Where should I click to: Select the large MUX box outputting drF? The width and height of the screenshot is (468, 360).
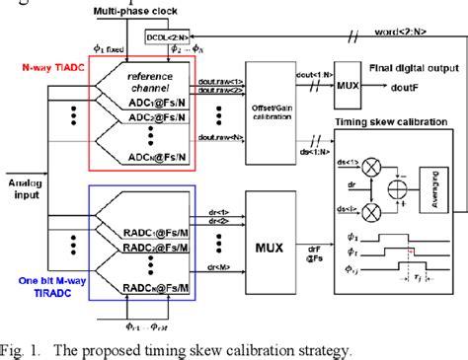[279, 237]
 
